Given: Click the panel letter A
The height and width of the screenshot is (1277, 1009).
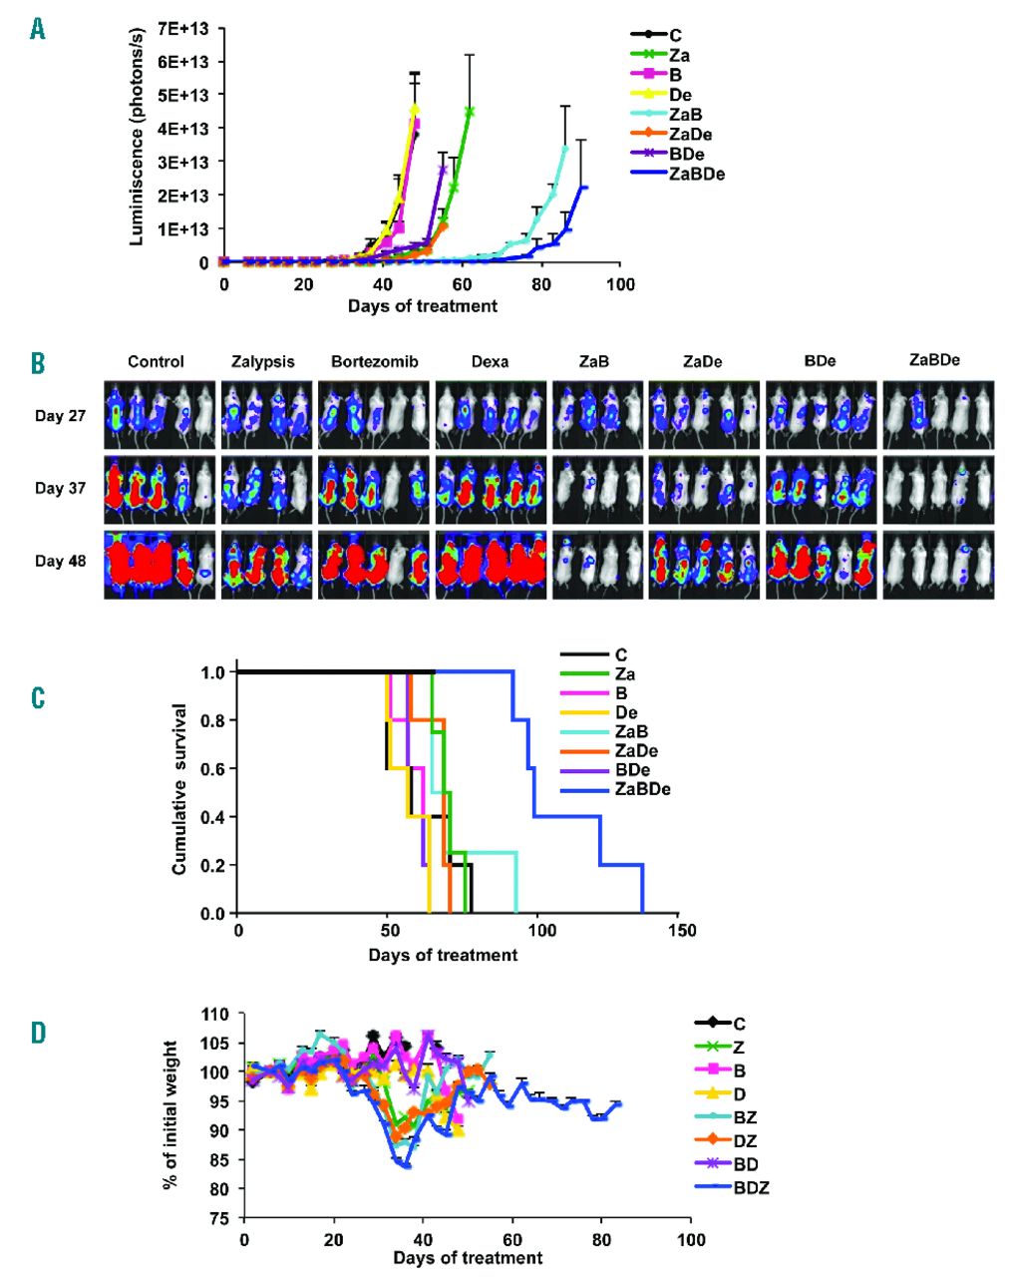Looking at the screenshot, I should click(38, 30).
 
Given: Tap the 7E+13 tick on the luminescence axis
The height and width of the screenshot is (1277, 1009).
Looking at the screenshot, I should click(181, 27).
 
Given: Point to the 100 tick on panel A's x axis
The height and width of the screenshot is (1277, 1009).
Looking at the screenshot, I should click(620, 284).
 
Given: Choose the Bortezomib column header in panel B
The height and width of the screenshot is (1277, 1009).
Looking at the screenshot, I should click(373, 361).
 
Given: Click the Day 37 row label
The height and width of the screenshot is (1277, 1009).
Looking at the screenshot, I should click(61, 488).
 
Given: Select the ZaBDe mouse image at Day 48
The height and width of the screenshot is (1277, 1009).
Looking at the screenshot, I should click(937, 564).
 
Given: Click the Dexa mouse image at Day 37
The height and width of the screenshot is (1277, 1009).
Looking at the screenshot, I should click(491, 489).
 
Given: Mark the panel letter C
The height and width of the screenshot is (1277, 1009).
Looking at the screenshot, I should click(38, 695).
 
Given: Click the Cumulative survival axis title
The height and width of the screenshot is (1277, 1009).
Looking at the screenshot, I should click(179, 788).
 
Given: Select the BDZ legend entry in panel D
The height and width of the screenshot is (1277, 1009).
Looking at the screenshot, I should click(750, 1187).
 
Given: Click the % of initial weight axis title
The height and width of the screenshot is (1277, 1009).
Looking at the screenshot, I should click(171, 1114).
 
